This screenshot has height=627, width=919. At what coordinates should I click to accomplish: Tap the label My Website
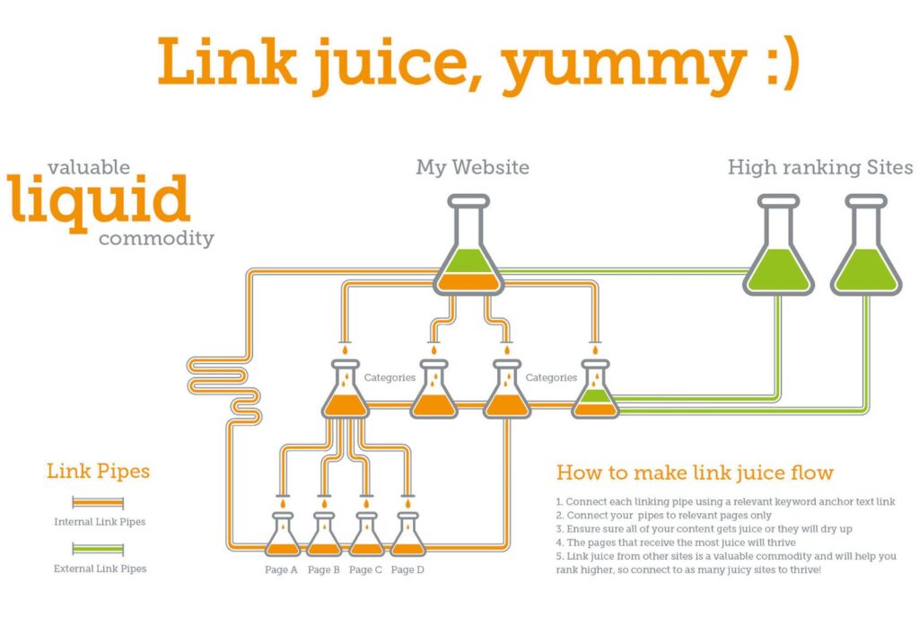pyautogui.click(x=472, y=168)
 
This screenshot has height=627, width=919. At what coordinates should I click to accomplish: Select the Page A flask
pyautogui.click(x=283, y=534)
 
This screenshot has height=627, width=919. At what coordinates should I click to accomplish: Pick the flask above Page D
pyautogui.click(x=408, y=534)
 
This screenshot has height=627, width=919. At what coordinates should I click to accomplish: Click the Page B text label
pyautogui.click(x=323, y=570)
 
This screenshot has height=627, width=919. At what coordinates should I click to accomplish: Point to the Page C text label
pyautogui.click(x=365, y=570)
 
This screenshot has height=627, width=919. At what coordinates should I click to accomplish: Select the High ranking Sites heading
pyautogui.click(x=820, y=168)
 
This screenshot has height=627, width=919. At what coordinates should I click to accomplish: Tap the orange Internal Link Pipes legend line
pyautogui.click(x=98, y=503)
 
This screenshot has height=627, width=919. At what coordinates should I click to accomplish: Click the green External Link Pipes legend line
pyautogui.click(x=98, y=550)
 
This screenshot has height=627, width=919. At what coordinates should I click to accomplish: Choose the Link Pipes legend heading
pyautogui.click(x=98, y=471)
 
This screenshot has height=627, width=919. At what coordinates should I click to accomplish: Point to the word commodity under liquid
pyautogui.click(x=156, y=239)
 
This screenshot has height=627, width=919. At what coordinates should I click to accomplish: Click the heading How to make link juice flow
pyautogui.click(x=695, y=472)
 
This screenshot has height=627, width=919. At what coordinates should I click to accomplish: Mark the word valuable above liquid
pyautogui.click(x=89, y=167)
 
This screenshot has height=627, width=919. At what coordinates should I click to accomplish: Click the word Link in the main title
pyautogui.click(x=226, y=61)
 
